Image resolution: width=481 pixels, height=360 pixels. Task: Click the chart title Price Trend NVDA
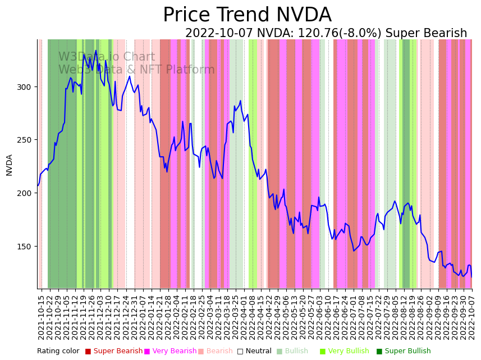247,15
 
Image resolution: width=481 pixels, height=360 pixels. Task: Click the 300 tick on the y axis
24,87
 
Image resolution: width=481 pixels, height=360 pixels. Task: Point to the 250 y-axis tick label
24,140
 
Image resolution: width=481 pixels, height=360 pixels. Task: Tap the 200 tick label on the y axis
24,193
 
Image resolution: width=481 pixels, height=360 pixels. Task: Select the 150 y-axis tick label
24,247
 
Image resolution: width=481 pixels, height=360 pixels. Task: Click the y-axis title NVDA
10,165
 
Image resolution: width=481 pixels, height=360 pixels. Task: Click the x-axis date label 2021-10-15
41,317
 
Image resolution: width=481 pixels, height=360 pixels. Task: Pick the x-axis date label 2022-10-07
472,317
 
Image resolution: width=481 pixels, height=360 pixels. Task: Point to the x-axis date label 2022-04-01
244,317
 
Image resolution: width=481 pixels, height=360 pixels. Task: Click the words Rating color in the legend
58,352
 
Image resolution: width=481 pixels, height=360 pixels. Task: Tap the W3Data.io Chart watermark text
107,57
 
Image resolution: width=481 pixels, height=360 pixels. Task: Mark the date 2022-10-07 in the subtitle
219,34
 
